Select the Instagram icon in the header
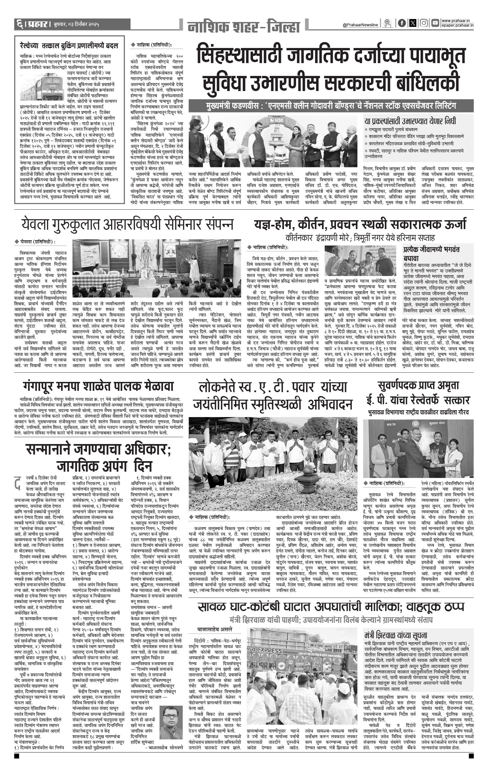point(424,23)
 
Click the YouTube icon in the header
point(435,23)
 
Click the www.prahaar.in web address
point(457,21)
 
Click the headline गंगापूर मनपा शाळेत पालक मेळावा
point(98,386)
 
